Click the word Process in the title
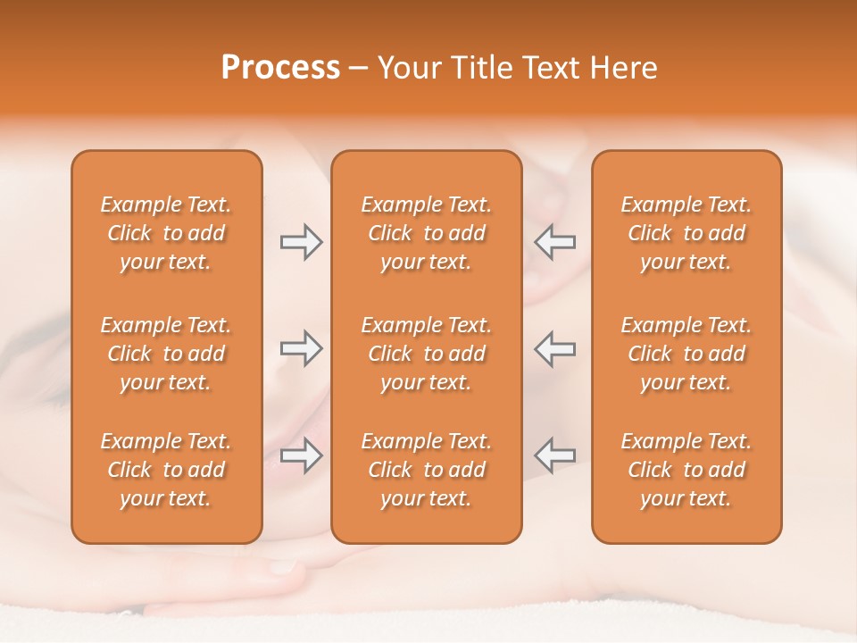280,68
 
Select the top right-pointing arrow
301,242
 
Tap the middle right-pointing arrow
301,348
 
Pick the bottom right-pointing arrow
301,455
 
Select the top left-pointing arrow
554,242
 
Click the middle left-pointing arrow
554,348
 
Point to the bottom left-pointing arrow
554,455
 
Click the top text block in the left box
166,233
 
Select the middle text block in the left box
166,354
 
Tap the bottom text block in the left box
166,470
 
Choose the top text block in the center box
427,233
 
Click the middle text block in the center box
427,354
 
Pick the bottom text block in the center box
427,470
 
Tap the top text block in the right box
686,233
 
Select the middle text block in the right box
686,354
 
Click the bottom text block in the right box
686,470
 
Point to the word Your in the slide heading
407,68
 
